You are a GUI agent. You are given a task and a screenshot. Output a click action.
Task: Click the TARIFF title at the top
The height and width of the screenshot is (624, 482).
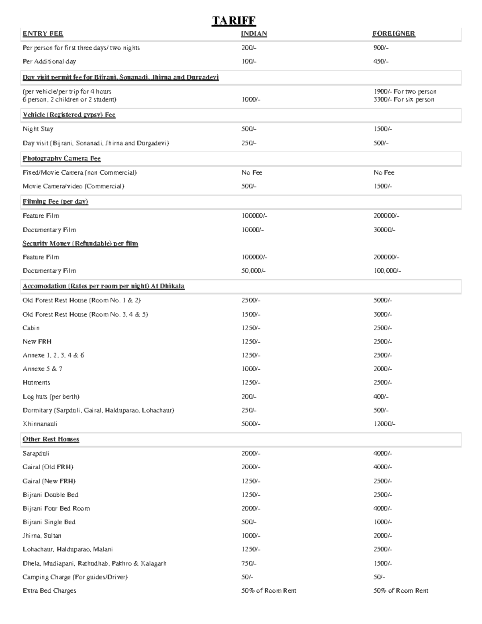[x=234, y=20]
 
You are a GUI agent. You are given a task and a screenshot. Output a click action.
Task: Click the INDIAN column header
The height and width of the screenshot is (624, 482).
[x=253, y=34]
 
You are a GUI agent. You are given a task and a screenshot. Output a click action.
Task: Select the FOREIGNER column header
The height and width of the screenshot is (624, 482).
[x=393, y=34]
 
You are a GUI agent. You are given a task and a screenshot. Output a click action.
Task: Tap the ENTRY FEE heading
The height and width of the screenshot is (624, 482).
[x=43, y=34]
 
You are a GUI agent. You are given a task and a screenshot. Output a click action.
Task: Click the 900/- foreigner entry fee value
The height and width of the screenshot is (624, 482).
[x=381, y=48]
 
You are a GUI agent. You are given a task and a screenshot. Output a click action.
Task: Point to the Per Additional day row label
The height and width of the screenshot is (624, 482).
[x=49, y=61]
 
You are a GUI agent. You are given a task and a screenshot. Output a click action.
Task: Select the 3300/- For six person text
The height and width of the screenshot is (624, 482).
[x=403, y=100]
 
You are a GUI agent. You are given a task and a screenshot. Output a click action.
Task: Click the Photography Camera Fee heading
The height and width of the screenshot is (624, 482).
[x=61, y=158]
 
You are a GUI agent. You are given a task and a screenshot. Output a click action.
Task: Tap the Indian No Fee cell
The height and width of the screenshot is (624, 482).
[x=251, y=172]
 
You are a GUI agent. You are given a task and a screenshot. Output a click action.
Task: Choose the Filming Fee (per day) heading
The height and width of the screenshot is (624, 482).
[x=55, y=201]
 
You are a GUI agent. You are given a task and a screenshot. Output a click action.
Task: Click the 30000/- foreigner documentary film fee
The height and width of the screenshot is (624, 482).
[x=384, y=230]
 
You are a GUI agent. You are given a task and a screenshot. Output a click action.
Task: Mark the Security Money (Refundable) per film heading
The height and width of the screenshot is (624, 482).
[x=80, y=243]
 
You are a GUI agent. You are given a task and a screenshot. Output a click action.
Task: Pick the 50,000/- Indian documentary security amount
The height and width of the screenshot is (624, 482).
[x=253, y=271]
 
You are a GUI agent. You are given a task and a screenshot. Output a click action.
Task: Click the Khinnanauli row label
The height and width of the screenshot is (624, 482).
[x=40, y=424]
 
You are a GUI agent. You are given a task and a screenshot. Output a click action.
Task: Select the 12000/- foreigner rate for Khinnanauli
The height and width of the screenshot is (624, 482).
[x=384, y=424]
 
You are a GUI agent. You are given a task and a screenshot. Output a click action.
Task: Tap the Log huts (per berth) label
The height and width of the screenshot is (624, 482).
[x=51, y=397]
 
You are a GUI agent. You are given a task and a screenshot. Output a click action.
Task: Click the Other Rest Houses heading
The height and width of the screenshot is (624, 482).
[x=51, y=439]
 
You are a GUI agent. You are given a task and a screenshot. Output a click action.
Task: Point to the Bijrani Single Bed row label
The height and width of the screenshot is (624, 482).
[x=49, y=522]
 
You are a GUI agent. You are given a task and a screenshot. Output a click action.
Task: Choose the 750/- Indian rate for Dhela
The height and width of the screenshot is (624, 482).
[x=249, y=563]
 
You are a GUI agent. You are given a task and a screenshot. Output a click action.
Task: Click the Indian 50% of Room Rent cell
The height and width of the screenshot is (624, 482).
[x=268, y=591]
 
